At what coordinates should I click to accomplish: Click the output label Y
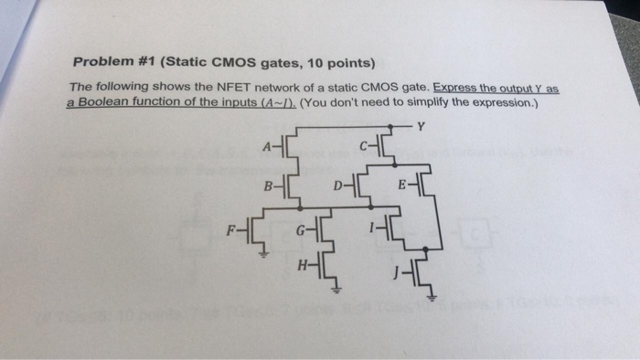click(x=421, y=126)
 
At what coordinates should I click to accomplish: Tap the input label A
click(x=266, y=144)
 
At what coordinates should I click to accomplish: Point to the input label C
click(x=364, y=143)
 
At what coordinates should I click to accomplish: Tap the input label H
click(x=301, y=268)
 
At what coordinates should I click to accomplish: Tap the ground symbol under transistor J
click(x=432, y=299)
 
